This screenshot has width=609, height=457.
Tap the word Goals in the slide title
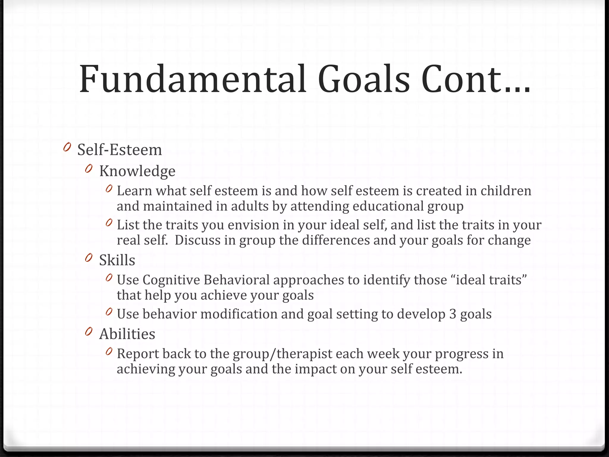[364, 79]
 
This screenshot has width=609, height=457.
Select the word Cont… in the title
[475, 79]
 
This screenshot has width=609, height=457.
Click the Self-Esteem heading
[120, 150]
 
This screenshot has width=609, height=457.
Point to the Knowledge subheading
[137, 171]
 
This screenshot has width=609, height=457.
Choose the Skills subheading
[117, 260]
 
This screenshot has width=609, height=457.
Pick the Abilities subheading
[127, 334]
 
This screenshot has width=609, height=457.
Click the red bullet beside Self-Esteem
[67, 147]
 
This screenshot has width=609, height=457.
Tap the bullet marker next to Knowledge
[89, 169]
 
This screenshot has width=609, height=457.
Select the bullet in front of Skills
[89, 258]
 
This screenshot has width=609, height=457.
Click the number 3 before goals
[452, 314]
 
